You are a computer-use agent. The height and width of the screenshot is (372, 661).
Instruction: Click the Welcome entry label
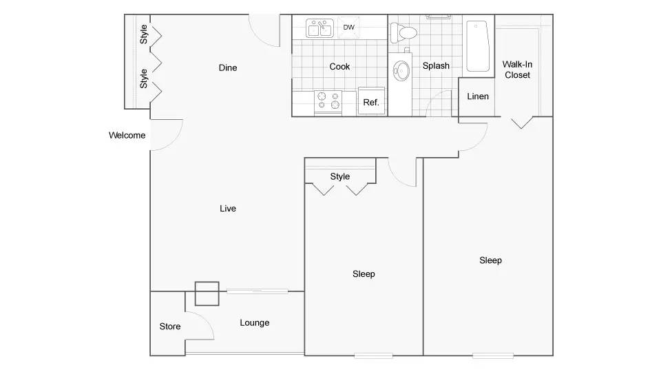coord(127,136)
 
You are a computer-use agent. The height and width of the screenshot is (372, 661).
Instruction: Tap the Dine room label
coord(228,68)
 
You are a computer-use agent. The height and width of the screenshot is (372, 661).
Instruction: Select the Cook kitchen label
coord(339,67)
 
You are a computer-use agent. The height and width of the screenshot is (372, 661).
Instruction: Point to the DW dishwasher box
coord(348,28)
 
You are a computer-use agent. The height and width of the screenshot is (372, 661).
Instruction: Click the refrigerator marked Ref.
coord(371,101)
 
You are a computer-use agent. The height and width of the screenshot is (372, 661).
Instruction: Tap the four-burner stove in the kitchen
coord(328,103)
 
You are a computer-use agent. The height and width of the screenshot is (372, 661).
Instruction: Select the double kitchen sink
coord(319,29)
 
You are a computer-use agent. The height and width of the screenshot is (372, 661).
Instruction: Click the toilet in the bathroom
coord(403,32)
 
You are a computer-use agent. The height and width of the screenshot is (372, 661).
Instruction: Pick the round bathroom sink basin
coord(401,70)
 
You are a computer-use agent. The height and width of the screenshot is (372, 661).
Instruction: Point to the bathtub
coord(478,46)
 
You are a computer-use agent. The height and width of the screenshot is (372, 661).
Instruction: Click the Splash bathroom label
coord(436,66)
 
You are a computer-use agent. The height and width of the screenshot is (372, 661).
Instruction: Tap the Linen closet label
coord(478,96)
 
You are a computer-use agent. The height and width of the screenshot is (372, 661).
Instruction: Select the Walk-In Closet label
coord(517,70)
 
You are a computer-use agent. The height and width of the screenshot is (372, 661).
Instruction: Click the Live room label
coord(228,208)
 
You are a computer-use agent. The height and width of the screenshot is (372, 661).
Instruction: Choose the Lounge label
coord(255,323)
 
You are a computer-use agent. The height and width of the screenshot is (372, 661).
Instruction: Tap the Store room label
coord(170,327)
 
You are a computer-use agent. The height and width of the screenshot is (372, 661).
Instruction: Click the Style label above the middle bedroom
coord(339,176)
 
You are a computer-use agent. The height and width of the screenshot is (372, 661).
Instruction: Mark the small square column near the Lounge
coord(207,293)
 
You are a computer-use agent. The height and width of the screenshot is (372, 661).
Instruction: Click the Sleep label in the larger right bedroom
coord(490,260)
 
